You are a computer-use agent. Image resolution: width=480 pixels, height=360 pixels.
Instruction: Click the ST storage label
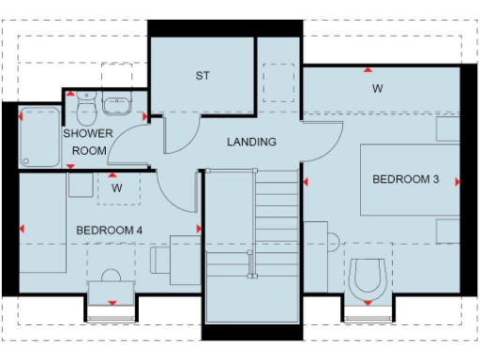point(202,76)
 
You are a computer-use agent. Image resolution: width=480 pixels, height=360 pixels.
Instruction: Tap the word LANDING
point(252,142)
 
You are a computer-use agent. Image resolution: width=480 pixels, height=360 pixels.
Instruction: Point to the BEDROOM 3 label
point(405,179)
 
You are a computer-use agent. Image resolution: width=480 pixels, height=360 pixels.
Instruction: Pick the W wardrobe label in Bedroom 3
point(377,89)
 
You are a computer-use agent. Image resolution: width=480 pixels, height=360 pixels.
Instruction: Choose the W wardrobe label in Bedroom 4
point(117,187)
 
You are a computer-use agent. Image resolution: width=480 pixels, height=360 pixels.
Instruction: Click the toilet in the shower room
point(87,112)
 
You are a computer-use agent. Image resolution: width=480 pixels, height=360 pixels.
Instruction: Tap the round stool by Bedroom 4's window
point(112,277)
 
